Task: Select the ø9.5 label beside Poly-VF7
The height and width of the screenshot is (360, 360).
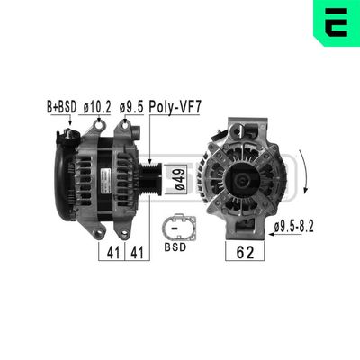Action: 133,106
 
